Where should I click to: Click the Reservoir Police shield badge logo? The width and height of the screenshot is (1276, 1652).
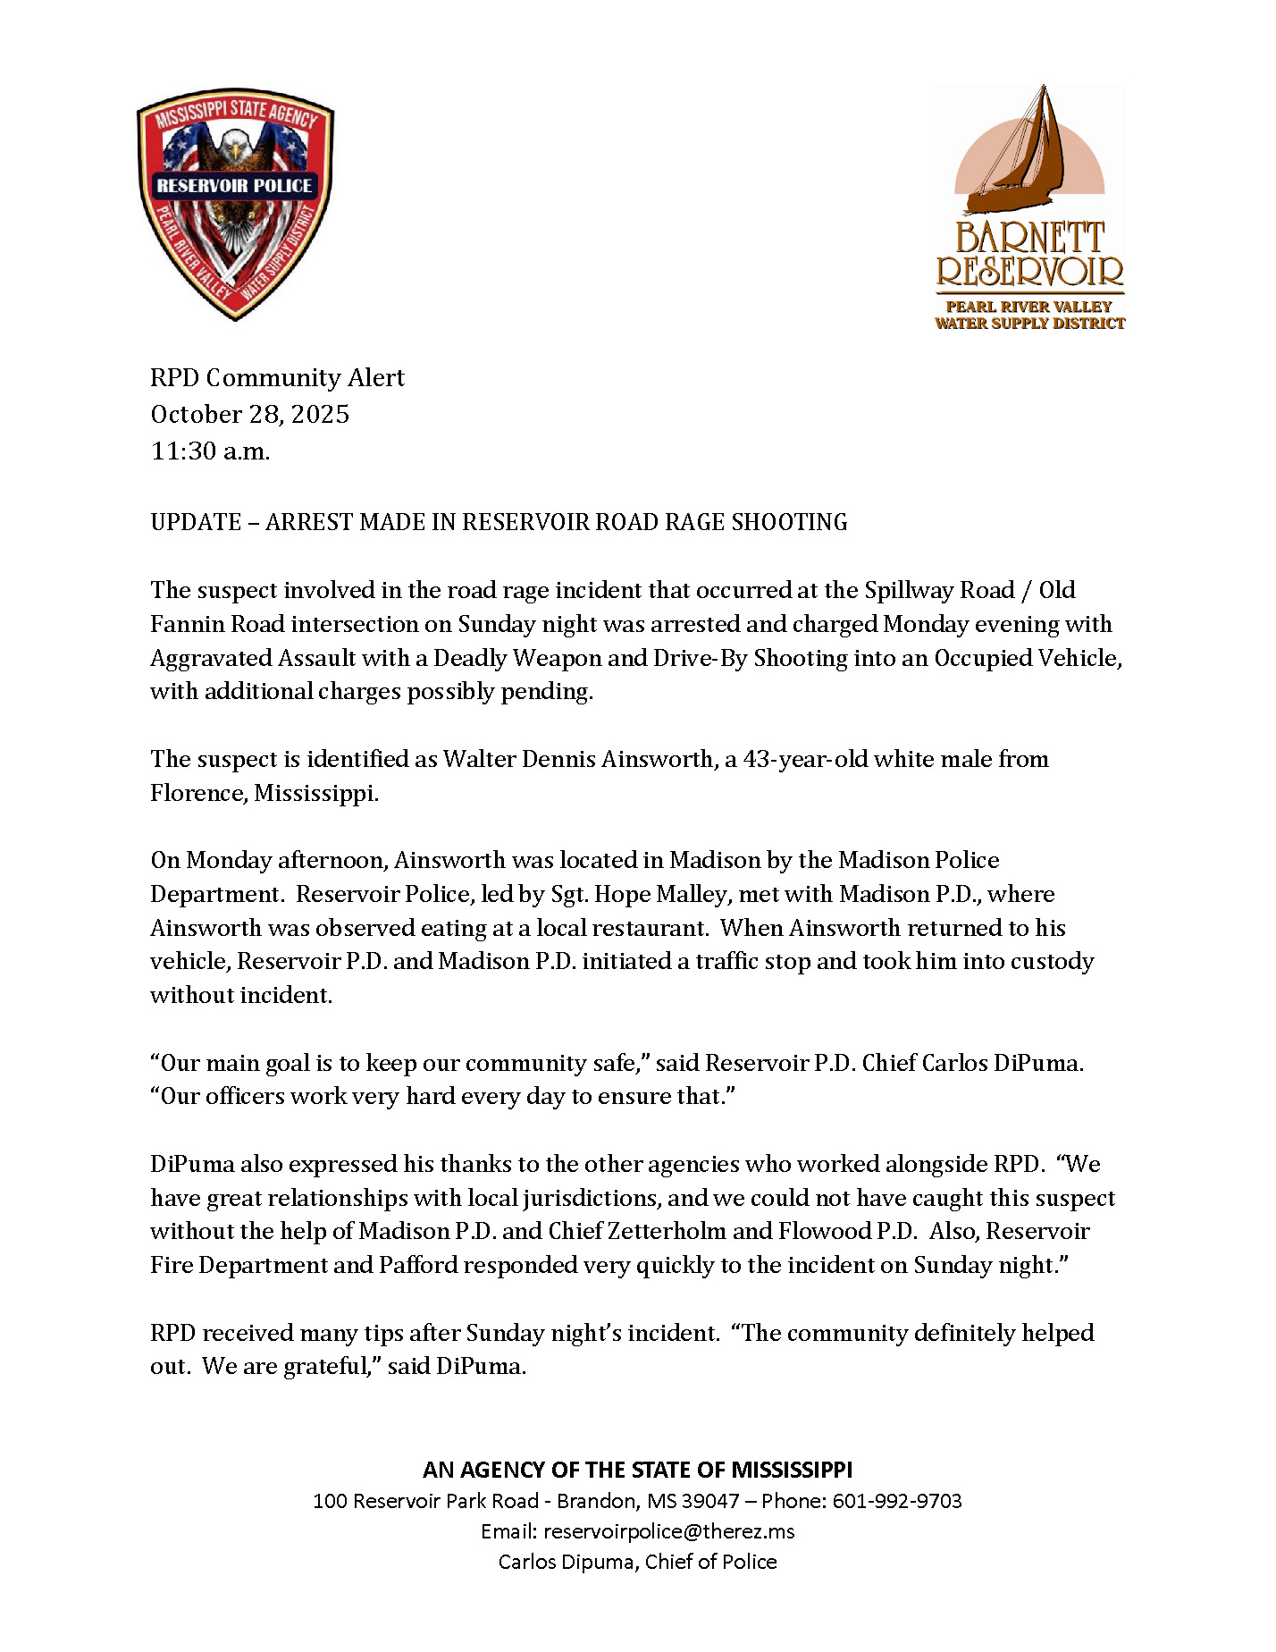coord(235,204)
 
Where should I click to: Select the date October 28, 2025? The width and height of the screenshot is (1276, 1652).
coord(249,415)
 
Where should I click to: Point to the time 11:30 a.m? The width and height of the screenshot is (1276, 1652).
coord(210,451)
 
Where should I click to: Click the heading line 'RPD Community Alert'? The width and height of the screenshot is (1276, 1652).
coord(277,378)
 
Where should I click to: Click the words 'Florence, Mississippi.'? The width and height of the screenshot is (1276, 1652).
coord(264,794)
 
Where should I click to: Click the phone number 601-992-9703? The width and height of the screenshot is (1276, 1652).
coord(897,1501)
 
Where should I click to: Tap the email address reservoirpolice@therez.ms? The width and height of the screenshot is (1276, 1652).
coord(668,1531)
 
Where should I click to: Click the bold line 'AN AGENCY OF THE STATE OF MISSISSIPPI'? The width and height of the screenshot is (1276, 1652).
coord(638,1470)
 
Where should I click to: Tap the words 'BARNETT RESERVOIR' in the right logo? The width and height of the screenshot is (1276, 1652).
coord(1029,254)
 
